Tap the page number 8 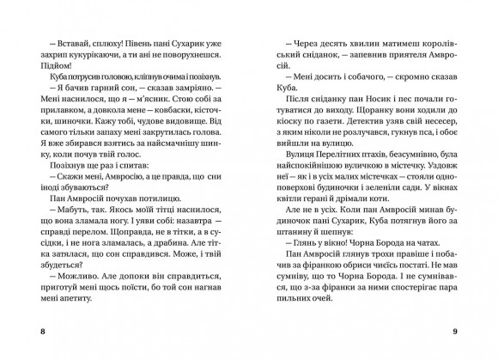pyautogui.click(x=30, y=330)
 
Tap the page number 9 pyautogui.click(x=467, y=330)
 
